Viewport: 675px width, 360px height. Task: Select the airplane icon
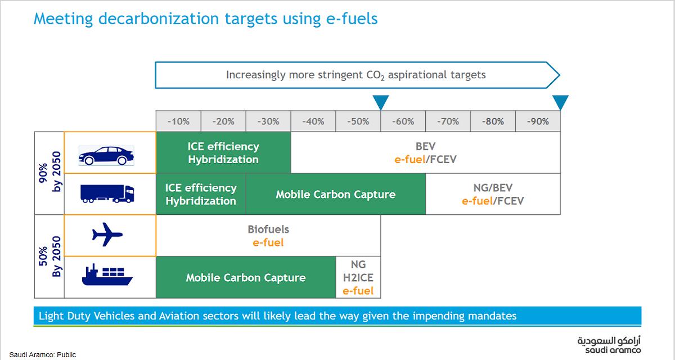coord(107,235)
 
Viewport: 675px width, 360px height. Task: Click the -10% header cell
coord(178,121)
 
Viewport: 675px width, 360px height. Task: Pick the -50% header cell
coord(358,121)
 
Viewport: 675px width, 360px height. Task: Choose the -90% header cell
coord(538,121)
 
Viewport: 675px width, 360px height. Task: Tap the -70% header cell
coord(448,121)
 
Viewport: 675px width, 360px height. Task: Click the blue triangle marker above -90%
coord(560,102)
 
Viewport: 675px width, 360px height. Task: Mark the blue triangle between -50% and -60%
coord(381,102)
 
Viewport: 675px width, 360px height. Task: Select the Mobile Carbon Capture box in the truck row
coord(336,195)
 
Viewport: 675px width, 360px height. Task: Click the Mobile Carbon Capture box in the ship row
coord(246,278)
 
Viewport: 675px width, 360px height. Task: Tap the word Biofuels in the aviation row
coord(268,229)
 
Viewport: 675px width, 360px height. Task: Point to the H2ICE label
coord(358,278)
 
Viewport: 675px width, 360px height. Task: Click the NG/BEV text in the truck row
coord(493,188)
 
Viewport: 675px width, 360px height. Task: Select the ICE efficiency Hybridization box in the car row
coord(223,153)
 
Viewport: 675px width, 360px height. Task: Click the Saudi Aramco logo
coord(609,346)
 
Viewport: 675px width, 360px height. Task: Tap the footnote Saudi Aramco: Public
coord(43,355)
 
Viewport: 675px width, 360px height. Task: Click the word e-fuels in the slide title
coord(352,19)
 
